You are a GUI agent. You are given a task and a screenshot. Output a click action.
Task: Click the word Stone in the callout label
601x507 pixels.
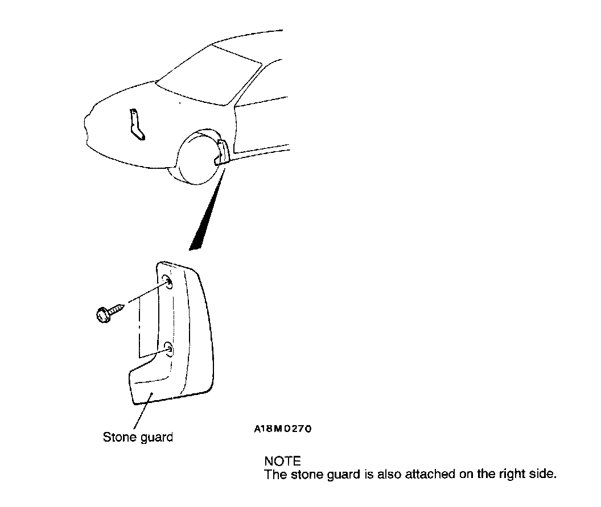tap(118, 437)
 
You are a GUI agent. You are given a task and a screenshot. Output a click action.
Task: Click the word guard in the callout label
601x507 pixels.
tap(156, 438)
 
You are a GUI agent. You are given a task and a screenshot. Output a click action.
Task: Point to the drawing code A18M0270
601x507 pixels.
tap(283, 429)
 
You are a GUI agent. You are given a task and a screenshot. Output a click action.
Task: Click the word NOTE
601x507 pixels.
tap(282, 461)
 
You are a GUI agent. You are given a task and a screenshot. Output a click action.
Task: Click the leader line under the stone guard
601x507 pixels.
tap(141, 412)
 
